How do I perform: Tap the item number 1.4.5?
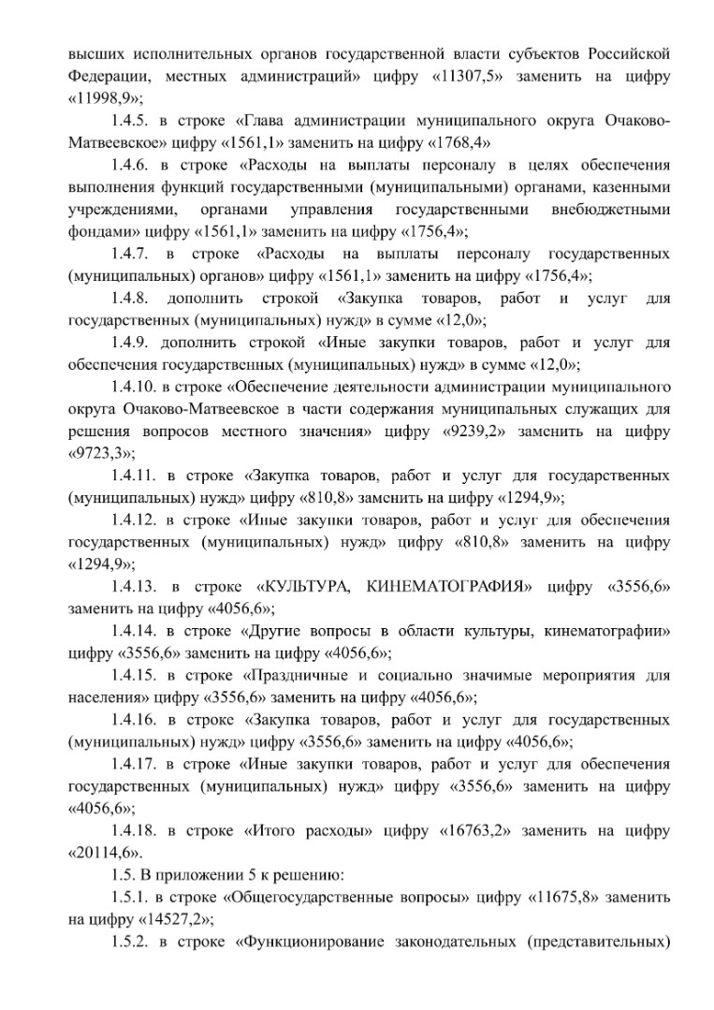tap(128, 121)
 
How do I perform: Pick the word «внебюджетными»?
tap(611, 210)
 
